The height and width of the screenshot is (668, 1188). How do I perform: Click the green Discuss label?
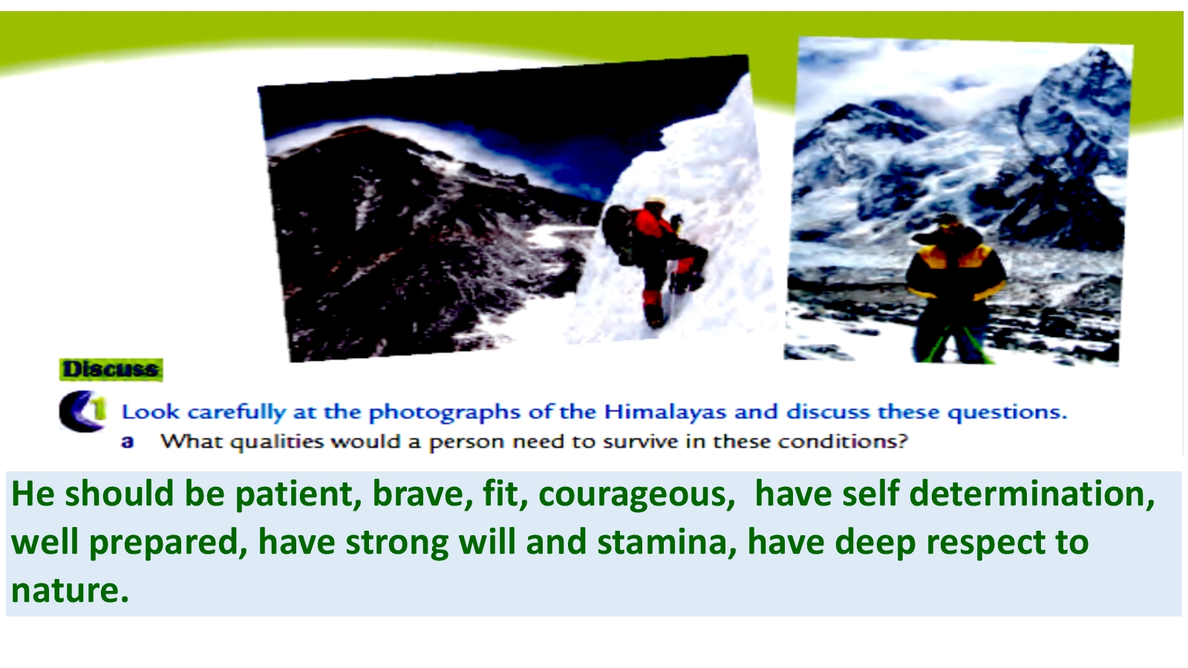pos(111,370)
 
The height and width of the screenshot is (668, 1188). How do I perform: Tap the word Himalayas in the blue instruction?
pos(665,412)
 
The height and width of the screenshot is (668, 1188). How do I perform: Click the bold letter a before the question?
pos(127,442)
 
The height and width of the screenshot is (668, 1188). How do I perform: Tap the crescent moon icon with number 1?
pos(82,411)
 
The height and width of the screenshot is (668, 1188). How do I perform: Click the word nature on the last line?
pos(70,591)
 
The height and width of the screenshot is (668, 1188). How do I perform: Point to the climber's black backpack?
pos(619,233)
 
